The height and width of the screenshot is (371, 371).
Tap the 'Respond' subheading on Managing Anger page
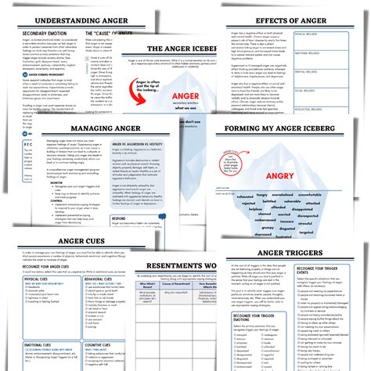coord(119,219)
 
